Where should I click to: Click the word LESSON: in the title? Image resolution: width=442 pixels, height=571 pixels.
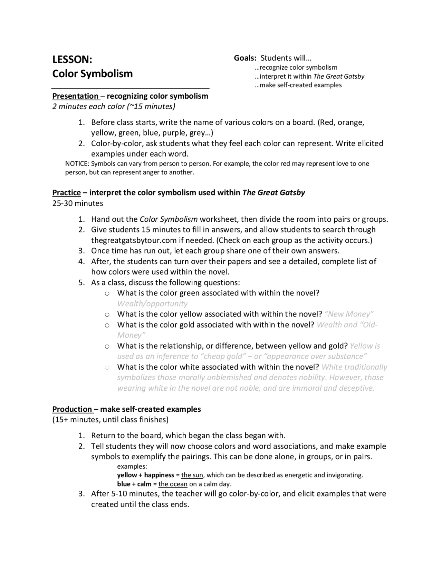tap(72, 59)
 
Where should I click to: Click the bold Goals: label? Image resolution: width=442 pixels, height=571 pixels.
tap(245, 58)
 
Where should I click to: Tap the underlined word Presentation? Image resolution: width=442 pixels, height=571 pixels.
tap(76, 96)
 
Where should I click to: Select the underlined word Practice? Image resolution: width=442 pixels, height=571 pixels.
tap(67, 192)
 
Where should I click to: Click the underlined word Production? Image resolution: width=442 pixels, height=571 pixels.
tap(72, 409)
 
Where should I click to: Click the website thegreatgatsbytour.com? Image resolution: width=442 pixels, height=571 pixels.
tap(135, 240)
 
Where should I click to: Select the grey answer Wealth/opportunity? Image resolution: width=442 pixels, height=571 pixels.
tap(152, 303)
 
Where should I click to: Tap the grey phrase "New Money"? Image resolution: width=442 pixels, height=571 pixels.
tap(349, 314)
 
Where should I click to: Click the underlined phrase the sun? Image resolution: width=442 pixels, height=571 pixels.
tap(192, 475)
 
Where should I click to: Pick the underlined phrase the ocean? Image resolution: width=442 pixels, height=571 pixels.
tap(173, 484)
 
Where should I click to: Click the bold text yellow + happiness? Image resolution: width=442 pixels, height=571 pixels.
tap(145, 475)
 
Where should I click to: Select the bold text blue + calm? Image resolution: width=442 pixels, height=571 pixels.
tap(134, 484)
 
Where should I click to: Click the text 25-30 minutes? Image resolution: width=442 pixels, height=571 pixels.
tap(78, 203)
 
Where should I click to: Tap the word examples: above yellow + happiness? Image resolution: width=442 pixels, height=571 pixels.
tap(132, 467)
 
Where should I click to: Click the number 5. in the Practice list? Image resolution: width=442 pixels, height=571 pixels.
tap(81, 283)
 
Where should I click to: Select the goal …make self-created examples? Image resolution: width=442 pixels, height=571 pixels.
tap(298, 85)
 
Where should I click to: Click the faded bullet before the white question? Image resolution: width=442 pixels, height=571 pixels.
tap(107, 368)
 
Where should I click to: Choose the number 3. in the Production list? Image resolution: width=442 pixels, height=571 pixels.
tap(81, 494)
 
